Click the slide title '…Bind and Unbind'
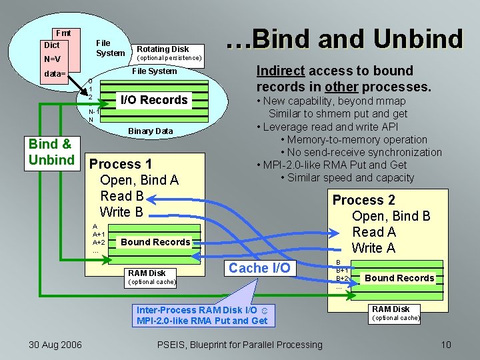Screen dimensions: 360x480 (344, 39)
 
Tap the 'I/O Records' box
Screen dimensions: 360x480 (153, 100)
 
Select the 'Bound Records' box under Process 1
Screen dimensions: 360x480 (155, 242)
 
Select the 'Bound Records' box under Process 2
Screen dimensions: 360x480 (399, 278)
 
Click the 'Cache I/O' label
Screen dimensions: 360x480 (259, 268)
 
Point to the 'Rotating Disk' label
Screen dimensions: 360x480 (163, 49)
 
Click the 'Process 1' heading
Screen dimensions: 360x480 (121, 164)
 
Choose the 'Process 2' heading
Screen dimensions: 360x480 (363, 200)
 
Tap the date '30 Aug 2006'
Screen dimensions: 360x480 (55, 344)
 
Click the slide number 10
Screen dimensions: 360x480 (446, 344)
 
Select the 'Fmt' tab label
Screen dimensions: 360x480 (63, 33)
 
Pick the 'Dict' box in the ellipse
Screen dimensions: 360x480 (51, 45)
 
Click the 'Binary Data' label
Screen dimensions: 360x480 (150, 131)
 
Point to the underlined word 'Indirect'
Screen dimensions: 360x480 (281, 71)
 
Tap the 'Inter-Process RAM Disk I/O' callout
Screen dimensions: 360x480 (201, 315)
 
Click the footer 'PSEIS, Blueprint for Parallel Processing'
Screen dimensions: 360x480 (239, 344)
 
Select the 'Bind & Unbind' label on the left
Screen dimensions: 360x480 (51, 151)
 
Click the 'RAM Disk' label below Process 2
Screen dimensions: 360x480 (391, 309)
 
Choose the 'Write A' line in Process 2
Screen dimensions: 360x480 (374, 248)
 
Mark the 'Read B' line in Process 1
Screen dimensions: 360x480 (121, 196)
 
